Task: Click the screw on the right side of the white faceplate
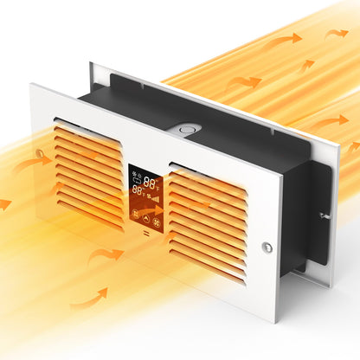point(267,247)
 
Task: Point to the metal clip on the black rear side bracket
point(321,215)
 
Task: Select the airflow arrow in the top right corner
point(335,33)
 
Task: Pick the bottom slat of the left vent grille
point(88,210)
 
